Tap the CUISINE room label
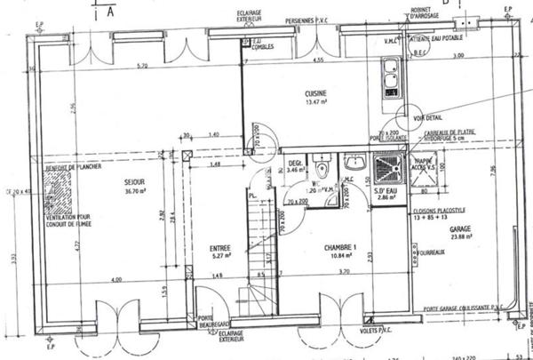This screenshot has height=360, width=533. tap(315, 93)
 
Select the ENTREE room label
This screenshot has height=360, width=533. tap(220, 248)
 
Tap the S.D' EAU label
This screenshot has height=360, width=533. tap(384, 193)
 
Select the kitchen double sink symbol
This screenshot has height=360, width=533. tap(389, 78)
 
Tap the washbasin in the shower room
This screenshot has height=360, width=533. tap(354, 162)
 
